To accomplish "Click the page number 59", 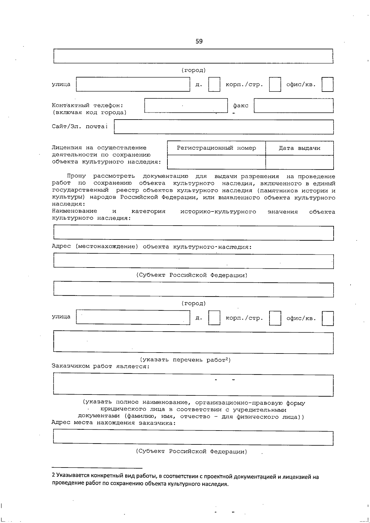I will (199, 41).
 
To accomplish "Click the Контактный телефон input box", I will (186, 106).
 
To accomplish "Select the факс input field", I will (294, 106).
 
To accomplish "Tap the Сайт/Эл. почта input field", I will (224, 127).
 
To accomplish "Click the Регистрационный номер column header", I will (216, 148).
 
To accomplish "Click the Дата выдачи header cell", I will (299, 148).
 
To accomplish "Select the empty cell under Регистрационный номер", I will (216, 162).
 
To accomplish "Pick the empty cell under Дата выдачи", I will (299, 162).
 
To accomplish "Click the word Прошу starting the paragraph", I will (76, 176).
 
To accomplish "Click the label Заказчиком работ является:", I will (101, 366).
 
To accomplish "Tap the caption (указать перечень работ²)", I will (185, 360).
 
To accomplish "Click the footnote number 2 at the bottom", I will (53, 477).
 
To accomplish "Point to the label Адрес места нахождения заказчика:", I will (113, 423).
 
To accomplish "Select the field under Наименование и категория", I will (193, 233).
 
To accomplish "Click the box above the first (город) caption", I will (193, 56).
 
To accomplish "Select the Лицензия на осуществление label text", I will (99, 148).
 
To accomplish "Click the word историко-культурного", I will (218, 211).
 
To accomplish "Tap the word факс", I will (240, 106).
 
